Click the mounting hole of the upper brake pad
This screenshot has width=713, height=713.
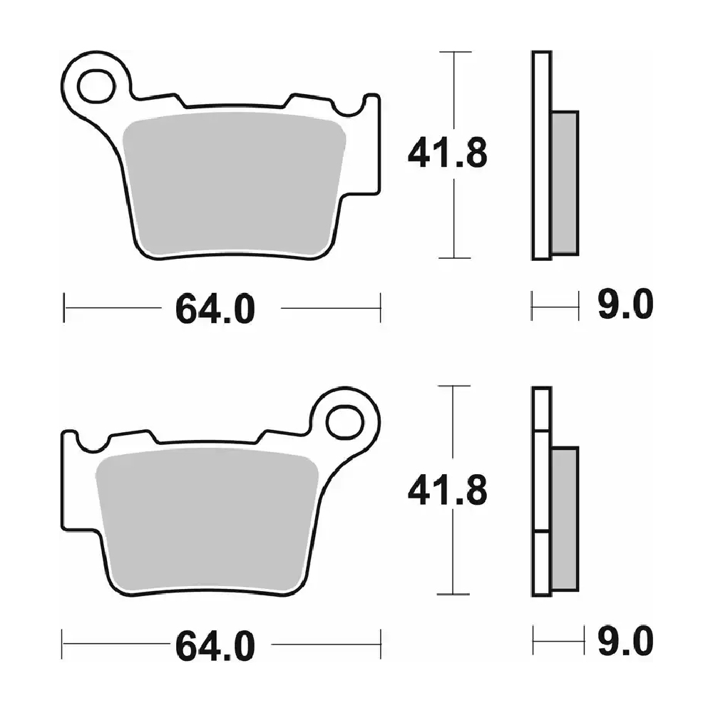tap(96, 86)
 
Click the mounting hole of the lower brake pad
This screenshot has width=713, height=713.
tap(345, 422)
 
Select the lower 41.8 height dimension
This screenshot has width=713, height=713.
tap(448, 490)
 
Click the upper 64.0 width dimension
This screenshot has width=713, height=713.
tap(215, 309)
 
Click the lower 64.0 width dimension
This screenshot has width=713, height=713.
tap(215, 646)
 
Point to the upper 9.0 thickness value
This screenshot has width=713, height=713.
tap(625, 304)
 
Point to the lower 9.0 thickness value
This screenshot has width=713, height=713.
tap(625, 641)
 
